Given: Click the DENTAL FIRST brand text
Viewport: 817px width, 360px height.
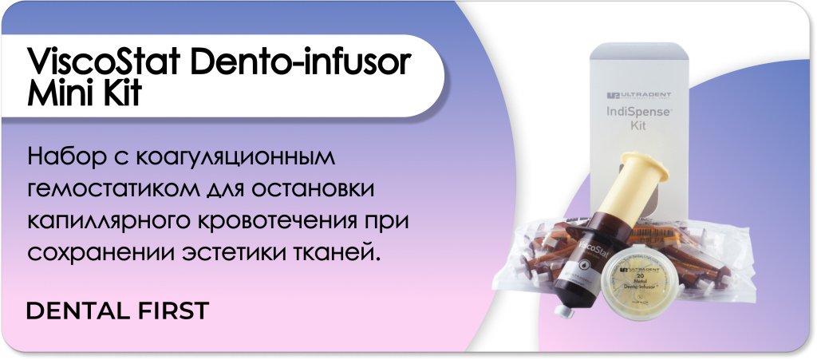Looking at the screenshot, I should (x=118, y=311).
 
